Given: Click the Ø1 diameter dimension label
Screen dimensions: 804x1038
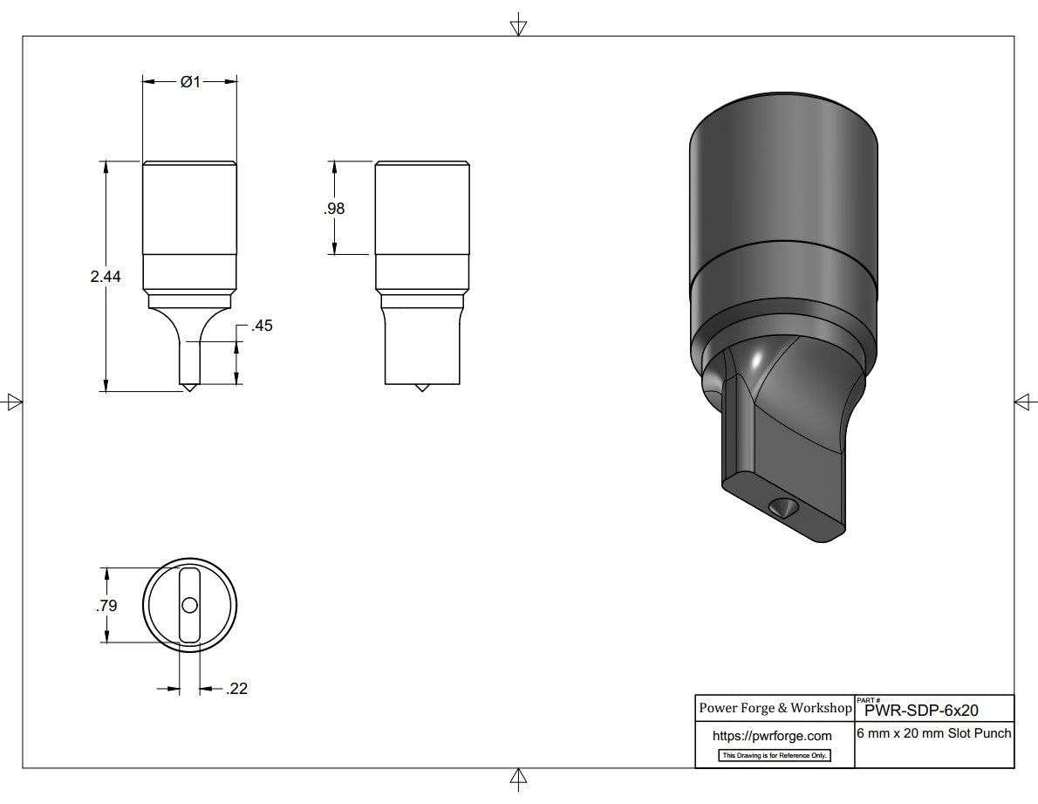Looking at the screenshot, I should coord(190,81).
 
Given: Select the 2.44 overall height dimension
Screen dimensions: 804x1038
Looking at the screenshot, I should coord(105,277).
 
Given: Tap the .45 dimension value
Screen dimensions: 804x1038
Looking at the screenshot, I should coord(262,326).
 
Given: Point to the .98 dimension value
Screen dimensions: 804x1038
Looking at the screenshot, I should coord(334,209).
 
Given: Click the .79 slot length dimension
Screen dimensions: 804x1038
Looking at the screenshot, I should coord(106,605).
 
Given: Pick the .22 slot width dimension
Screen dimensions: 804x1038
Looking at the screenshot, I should coord(236,689).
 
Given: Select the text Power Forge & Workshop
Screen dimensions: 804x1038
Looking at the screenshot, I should coord(775,708).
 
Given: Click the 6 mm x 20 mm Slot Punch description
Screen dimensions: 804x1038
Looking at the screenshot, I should coord(934,733).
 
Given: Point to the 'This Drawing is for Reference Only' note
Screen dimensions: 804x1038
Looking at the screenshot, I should coord(774,755).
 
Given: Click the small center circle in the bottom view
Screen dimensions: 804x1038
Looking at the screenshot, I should coord(189,605).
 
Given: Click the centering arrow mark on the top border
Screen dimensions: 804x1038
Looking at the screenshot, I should coord(518,25).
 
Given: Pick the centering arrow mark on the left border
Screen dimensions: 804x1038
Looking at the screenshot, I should coord(12,402).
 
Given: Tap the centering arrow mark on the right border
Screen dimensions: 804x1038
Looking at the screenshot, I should coord(1025,401).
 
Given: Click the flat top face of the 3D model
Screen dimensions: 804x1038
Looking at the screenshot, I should coord(782,131).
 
